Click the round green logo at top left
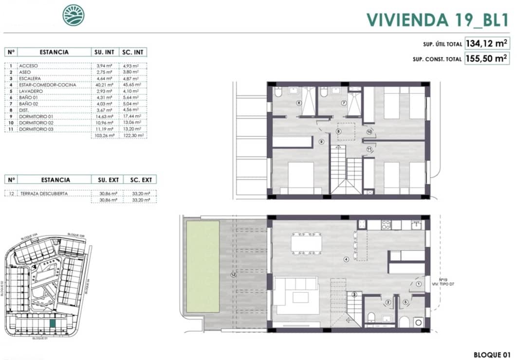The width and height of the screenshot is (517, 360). point(73,15)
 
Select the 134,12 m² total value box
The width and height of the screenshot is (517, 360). point(487,44)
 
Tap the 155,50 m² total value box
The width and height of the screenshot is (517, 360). point(487,59)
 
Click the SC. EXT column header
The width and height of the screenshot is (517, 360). point(141,180)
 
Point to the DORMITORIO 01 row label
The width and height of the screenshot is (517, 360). point(36,116)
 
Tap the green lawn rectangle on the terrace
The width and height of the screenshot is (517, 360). point(203,266)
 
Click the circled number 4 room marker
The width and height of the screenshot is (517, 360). point(346,259)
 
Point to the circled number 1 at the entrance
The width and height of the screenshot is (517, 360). point(420,283)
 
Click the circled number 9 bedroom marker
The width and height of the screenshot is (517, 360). point(321,142)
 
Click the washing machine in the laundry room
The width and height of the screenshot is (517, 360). point(418,322)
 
